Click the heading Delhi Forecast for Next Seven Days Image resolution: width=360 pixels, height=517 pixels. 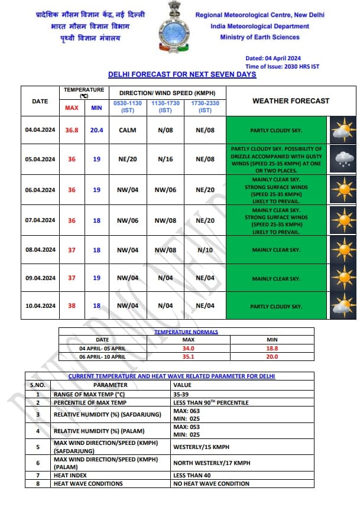(182, 74)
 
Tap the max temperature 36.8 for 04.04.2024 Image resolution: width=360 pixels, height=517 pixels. (72, 130)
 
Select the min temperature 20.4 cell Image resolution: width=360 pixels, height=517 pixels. (97, 130)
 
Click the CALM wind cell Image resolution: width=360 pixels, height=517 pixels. (128, 130)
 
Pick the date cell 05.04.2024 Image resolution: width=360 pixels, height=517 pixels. (40, 159)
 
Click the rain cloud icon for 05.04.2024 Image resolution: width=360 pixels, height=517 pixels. (342, 159)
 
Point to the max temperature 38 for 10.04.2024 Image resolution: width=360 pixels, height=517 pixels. (72, 306)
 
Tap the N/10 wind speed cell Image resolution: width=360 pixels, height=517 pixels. (205, 250)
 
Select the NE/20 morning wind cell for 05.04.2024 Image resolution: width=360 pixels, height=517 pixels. (128, 159)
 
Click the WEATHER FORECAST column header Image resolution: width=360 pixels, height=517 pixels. (291, 100)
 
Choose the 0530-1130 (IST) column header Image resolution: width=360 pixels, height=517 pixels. (128, 107)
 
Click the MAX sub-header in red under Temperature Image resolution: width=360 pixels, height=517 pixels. (72, 108)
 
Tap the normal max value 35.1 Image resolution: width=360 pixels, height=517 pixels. (188, 357)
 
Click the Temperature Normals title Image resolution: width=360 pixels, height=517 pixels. (186, 332)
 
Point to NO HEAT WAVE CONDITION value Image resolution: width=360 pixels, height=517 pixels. (211, 483)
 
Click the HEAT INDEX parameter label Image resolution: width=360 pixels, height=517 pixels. (70, 475)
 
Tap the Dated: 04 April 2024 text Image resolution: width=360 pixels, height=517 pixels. (274, 58)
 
